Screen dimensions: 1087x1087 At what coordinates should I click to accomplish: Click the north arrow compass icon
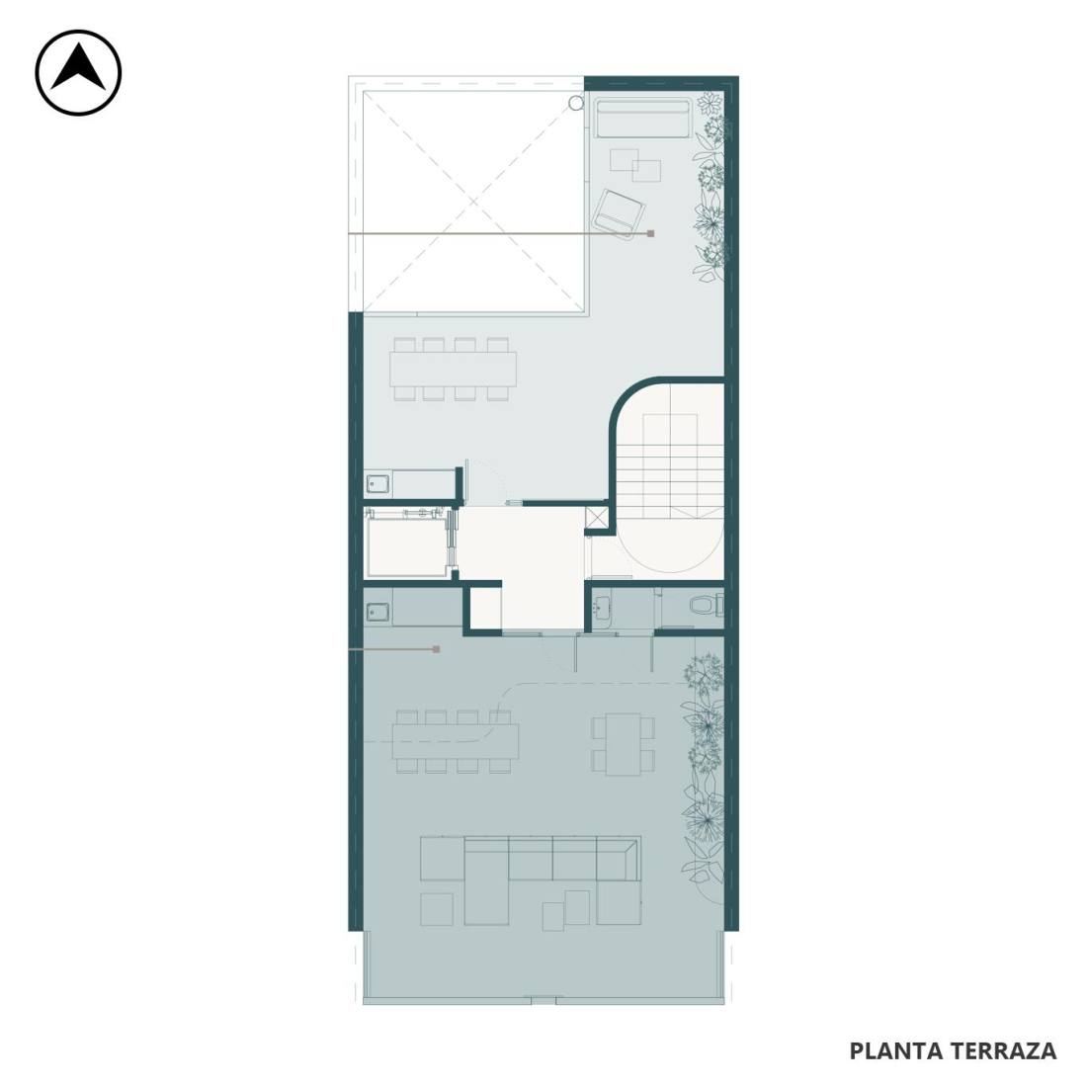coord(78,72)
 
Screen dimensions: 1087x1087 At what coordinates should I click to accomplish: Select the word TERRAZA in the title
coord(1004,1050)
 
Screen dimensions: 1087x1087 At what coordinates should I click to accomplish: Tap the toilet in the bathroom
coord(707,605)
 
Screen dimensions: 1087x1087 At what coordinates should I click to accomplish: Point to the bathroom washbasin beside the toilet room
coord(601,609)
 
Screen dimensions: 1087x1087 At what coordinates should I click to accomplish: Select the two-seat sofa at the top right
coord(642,119)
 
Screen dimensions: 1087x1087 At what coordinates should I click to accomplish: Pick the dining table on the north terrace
coord(453,369)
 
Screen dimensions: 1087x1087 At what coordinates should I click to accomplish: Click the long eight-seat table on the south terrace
coord(456,741)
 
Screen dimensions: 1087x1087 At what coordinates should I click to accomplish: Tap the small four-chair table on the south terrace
coord(624,745)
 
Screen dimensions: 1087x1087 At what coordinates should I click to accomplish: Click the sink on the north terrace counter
coord(378,482)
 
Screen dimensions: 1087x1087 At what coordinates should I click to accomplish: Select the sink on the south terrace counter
coord(378,612)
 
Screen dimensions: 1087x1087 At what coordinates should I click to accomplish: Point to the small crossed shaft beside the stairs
coord(596,518)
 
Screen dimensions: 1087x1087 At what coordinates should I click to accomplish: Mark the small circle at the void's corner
coord(575,104)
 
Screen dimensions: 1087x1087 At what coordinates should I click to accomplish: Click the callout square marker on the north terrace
coord(650,233)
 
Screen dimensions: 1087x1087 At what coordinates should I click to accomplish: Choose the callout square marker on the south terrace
coord(436,649)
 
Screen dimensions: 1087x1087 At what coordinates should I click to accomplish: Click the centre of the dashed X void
coord(474,202)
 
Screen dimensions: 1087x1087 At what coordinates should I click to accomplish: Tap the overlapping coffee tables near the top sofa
coord(635,165)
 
